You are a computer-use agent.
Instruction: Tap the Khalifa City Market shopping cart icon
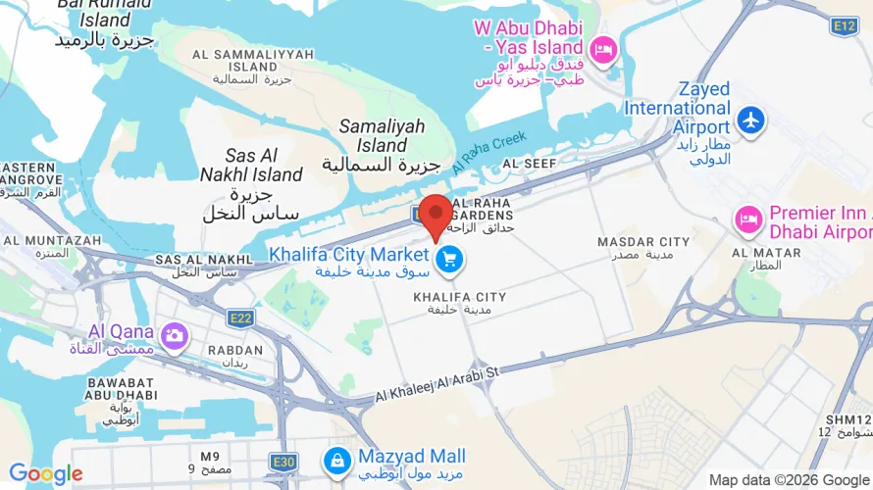click(450, 260)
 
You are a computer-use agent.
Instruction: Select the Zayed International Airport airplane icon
click(751, 120)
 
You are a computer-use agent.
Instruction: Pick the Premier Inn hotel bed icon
click(749, 221)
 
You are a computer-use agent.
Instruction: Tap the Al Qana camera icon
click(175, 336)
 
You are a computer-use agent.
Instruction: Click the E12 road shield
click(844, 25)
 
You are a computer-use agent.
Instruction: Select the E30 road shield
click(284, 461)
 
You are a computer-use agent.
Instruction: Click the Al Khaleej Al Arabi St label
click(437, 384)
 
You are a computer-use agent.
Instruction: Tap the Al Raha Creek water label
click(489, 153)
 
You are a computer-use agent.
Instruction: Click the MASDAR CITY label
click(644, 242)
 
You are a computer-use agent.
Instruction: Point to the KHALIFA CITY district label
click(459, 297)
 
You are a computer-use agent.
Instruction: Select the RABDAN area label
click(235, 350)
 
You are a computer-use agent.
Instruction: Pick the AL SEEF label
click(530, 164)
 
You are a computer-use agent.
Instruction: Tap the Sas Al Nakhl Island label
click(264, 166)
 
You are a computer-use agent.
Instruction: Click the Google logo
click(45, 475)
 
